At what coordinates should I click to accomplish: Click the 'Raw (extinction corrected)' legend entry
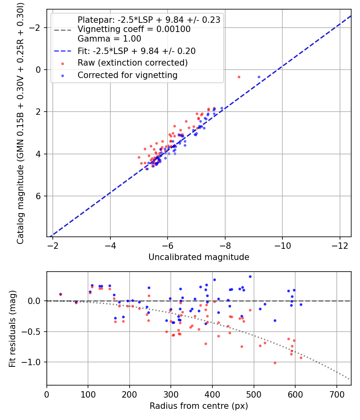(132, 63)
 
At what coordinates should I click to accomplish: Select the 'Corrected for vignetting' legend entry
(127, 75)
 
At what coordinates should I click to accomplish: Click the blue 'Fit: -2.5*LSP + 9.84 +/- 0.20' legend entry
(136, 51)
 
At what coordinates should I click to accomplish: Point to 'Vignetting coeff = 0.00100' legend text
(134, 29)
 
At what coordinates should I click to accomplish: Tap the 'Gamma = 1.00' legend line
(109, 39)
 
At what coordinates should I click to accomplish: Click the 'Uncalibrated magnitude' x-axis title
(199, 257)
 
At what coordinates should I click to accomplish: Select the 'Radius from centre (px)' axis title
(199, 406)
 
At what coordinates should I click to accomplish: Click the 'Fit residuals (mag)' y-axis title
(12, 328)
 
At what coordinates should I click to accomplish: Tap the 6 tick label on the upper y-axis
(38, 196)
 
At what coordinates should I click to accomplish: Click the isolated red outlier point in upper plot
(239, 77)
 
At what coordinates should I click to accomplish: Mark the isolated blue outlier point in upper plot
(259, 77)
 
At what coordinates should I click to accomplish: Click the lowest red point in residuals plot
(275, 363)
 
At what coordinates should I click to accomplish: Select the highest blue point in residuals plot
(250, 276)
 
